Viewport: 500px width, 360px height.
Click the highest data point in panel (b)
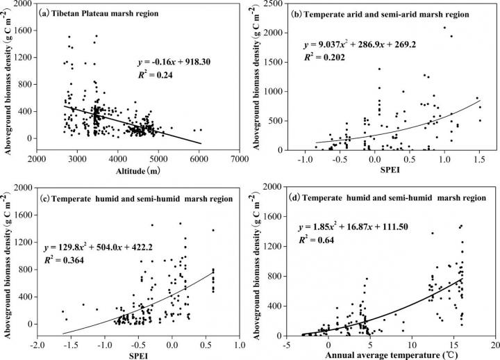pos(444,28)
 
